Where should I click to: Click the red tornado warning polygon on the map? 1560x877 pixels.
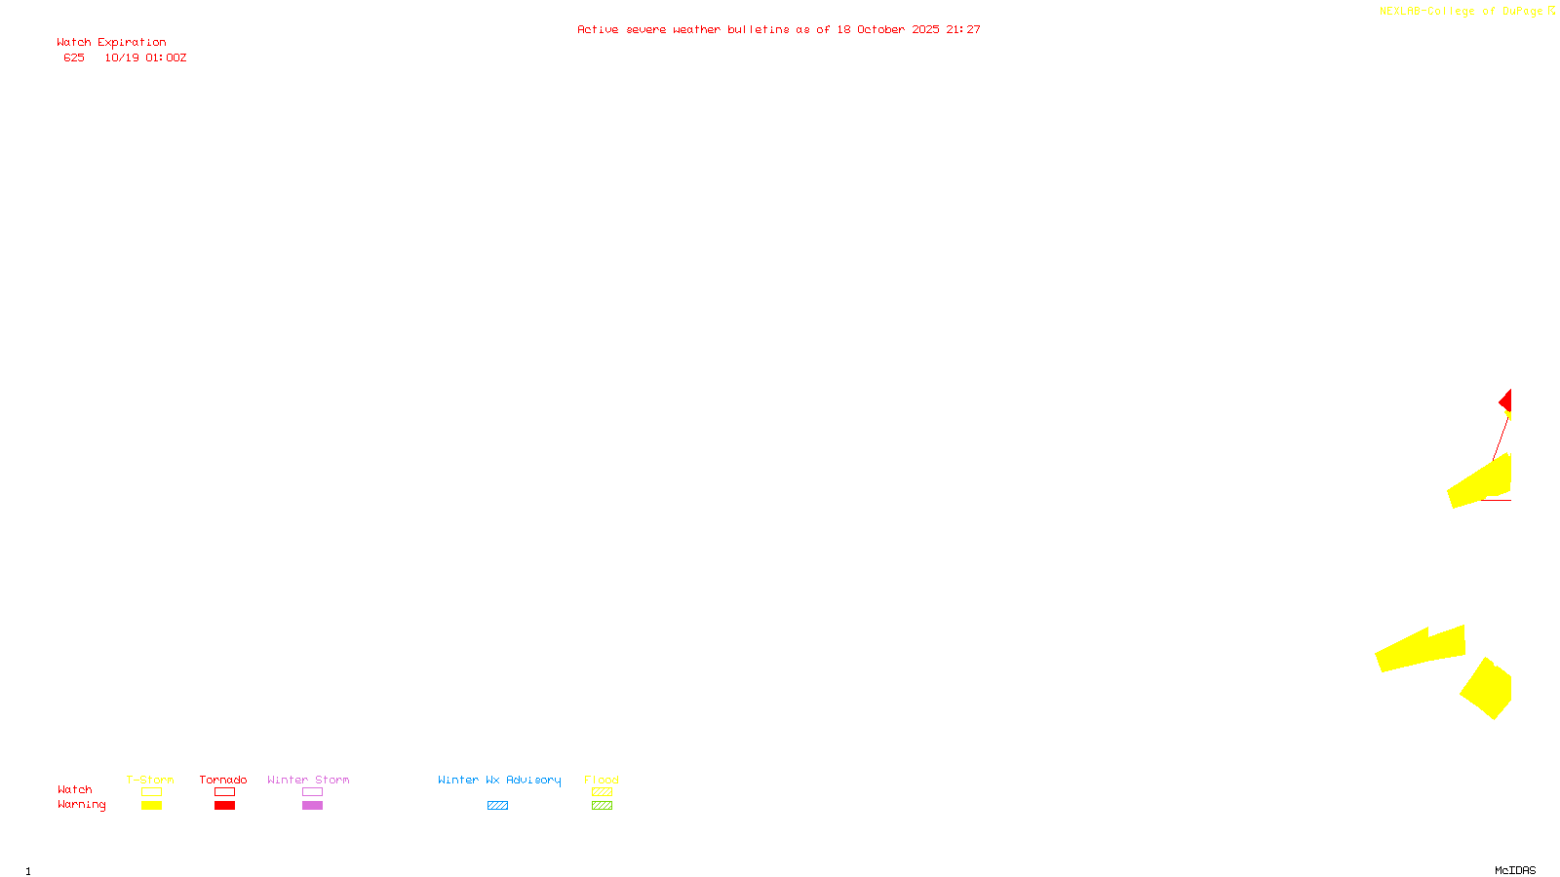(1506, 401)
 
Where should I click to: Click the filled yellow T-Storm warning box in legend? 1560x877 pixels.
(151, 806)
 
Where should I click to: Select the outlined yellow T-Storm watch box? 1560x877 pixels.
(151, 792)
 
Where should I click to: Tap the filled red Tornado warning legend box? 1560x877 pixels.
(224, 806)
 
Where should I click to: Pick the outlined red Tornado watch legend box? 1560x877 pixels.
(224, 792)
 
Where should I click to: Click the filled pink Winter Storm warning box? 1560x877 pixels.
(312, 806)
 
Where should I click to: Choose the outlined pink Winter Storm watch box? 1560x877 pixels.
(312, 792)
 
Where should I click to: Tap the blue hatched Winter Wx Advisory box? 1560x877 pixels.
(497, 806)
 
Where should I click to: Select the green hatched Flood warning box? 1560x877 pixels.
(602, 806)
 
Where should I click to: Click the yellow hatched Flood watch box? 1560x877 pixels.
(602, 792)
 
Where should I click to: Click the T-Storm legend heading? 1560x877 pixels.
(150, 780)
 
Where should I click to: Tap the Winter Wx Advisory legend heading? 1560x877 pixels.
(499, 780)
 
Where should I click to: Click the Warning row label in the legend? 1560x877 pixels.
(81, 805)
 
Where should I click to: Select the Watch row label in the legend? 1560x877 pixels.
(74, 789)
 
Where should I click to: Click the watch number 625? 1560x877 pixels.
(74, 57)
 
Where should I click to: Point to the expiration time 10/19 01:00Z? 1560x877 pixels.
(145, 57)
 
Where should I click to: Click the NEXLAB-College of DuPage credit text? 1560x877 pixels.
(1461, 12)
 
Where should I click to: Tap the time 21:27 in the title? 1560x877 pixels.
(963, 29)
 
